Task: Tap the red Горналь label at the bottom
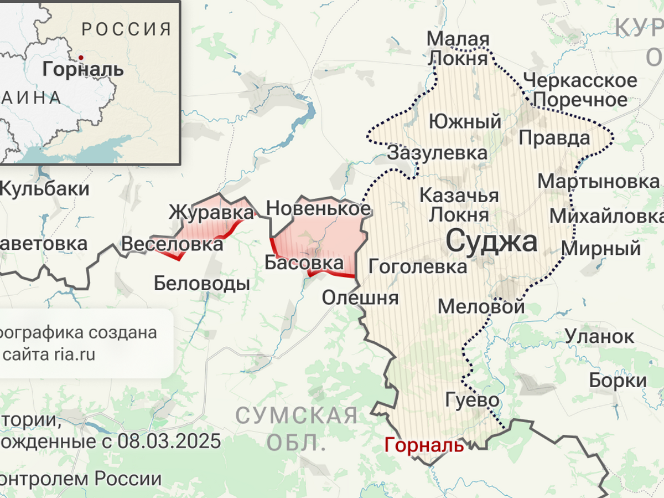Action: (424, 445)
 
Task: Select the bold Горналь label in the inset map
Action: (83, 70)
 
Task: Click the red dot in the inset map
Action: (81, 57)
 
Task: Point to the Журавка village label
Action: (211, 212)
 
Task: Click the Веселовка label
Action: (172, 244)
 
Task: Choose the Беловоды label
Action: (201, 284)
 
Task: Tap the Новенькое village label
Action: (319, 209)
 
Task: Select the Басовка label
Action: (304, 263)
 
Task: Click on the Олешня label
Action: (360, 297)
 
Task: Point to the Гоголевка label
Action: (418, 266)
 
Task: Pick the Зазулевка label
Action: (437, 153)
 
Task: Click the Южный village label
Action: (465, 121)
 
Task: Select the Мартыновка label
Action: (599, 181)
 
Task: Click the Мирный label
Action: (601, 248)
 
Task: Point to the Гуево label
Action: (472, 399)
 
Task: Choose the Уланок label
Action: (599, 336)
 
